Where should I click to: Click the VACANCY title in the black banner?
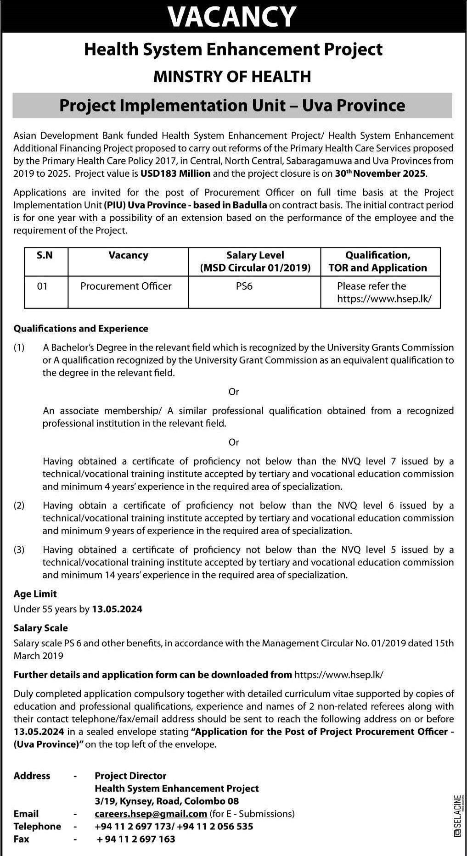point(232,17)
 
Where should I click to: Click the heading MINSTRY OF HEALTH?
point(232,76)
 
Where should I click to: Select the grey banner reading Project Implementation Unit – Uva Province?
point(232,106)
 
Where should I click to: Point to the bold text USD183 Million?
point(175,173)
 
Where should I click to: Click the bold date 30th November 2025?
point(381,173)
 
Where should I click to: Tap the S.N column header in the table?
point(45,256)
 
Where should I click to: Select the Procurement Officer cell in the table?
point(126,286)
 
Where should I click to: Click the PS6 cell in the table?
point(244,286)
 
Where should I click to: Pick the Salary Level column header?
point(255,261)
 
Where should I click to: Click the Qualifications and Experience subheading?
point(81,329)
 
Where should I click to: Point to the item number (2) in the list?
point(19,505)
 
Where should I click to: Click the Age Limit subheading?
point(35,594)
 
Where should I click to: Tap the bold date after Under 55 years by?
point(117,609)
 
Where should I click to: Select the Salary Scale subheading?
point(41,628)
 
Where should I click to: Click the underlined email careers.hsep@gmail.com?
point(151,814)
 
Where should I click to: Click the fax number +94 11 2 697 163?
point(136,839)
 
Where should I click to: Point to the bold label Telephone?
point(37,826)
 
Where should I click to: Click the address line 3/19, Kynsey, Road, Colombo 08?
point(167,801)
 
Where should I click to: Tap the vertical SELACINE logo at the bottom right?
point(457,817)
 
